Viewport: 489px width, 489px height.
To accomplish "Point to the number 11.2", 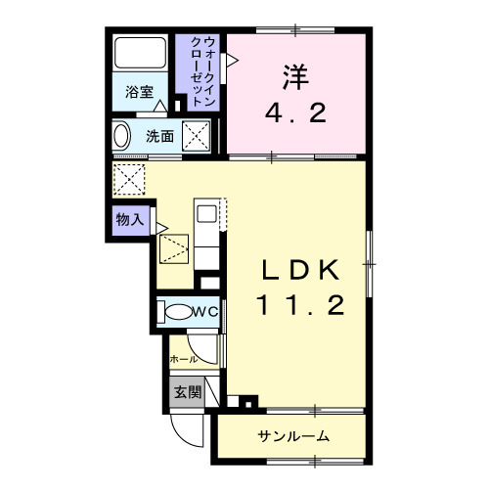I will tap(300, 306).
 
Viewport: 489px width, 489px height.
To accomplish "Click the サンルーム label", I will tap(293, 435).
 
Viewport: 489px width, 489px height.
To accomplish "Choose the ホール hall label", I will tap(184, 359).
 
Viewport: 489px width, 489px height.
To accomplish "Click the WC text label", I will tap(205, 312).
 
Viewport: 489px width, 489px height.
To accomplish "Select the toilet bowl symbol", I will tap(178, 313).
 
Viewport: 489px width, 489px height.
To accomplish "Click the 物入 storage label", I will tap(128, 221).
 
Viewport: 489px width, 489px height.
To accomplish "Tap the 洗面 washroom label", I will tap(160, 137).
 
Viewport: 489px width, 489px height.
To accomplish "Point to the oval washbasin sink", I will tap(122, 136).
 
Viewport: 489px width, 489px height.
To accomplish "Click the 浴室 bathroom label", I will tap(139, 93).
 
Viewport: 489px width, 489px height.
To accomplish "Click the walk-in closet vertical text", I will tap(204, 70).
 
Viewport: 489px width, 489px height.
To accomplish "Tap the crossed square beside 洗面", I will tap(200, 137).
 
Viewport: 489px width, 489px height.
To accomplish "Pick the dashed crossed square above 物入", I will tap(129, 179).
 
